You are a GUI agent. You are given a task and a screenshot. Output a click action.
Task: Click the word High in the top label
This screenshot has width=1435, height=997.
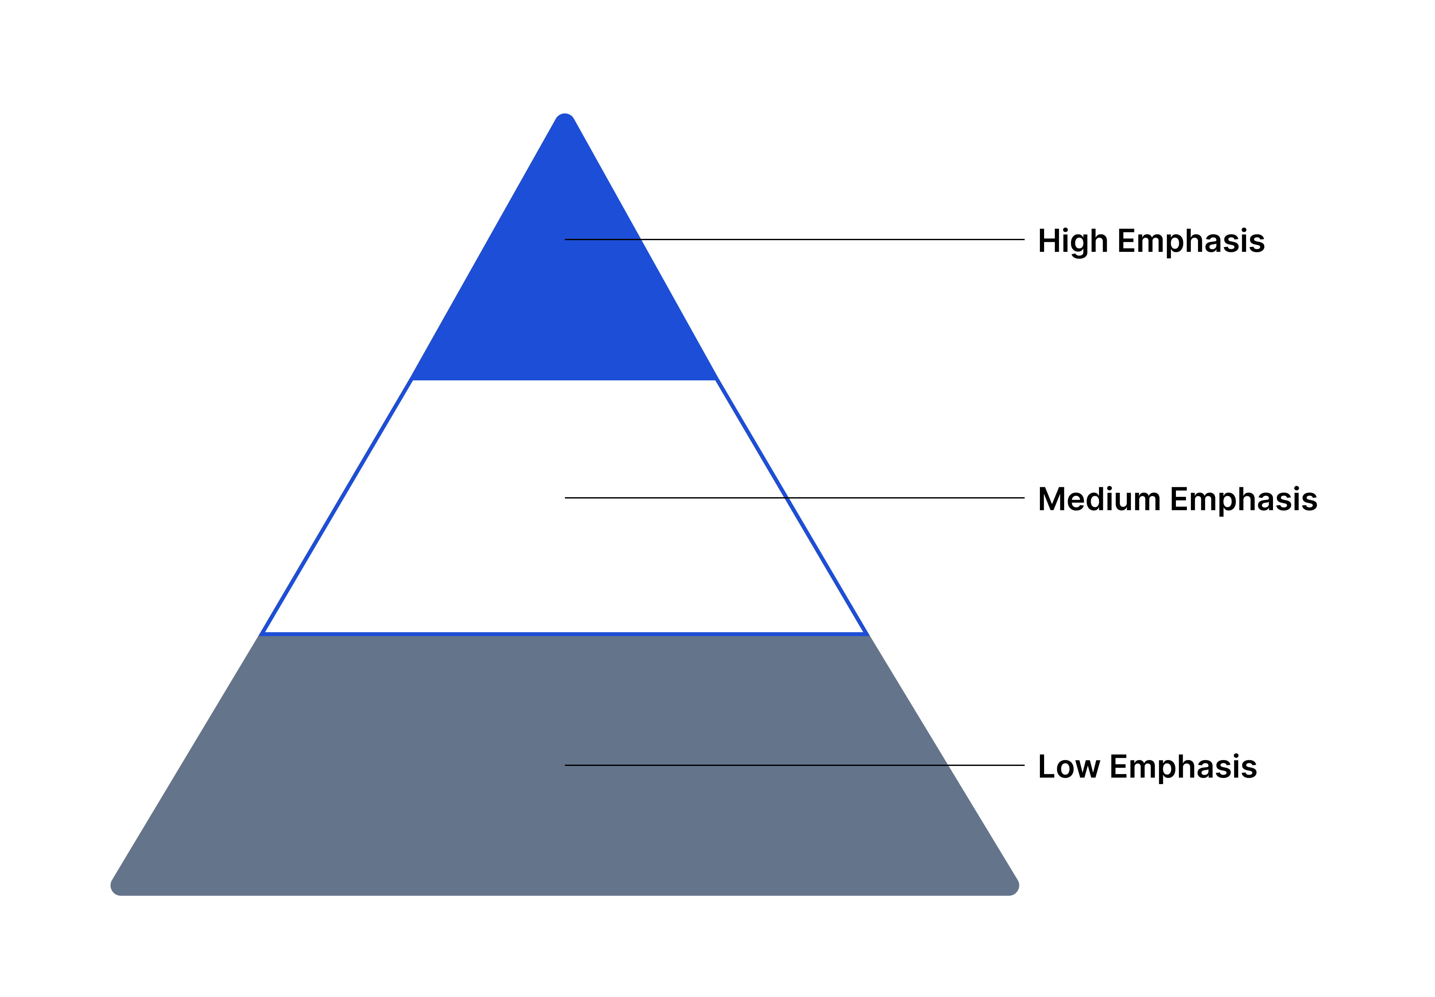click(x=1072, y=241)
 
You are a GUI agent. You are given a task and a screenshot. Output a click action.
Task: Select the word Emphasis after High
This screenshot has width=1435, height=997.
click(x=1191, y=241)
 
